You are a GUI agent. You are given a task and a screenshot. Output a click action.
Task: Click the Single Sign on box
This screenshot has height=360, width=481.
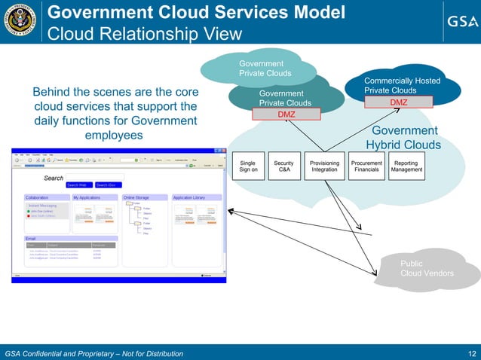tap(248, 166)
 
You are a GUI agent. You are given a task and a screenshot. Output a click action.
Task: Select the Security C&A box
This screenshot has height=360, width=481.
tap(283, 166)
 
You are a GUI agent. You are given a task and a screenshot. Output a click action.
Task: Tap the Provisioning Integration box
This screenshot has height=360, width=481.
tap(324, 166)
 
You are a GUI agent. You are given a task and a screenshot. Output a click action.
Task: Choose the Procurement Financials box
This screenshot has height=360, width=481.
tap(367, 166)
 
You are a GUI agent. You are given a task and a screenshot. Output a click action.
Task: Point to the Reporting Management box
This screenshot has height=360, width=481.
tap(406, 166)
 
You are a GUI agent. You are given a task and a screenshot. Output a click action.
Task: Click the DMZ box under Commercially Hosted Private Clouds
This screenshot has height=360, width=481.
tap(398, 102)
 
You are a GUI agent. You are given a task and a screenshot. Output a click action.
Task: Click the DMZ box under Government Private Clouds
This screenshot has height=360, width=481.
tap(286, 114)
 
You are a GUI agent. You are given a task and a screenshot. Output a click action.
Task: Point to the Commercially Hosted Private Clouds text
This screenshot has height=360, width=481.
tap(402, 85)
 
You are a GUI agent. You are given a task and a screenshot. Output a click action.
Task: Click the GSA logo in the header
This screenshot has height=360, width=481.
tap(458, 21)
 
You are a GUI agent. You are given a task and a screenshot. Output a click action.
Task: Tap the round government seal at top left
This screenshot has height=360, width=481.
tap(21, 21)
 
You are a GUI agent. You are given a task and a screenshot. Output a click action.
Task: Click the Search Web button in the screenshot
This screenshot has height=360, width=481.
tap(79, 185)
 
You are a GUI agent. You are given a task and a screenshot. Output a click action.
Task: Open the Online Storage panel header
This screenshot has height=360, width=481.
tap(139, 197)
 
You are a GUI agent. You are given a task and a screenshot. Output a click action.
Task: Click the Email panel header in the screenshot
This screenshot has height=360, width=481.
tap(32, 238)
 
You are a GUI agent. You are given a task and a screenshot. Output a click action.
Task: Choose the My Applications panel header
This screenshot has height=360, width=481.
tap(88, 197)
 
